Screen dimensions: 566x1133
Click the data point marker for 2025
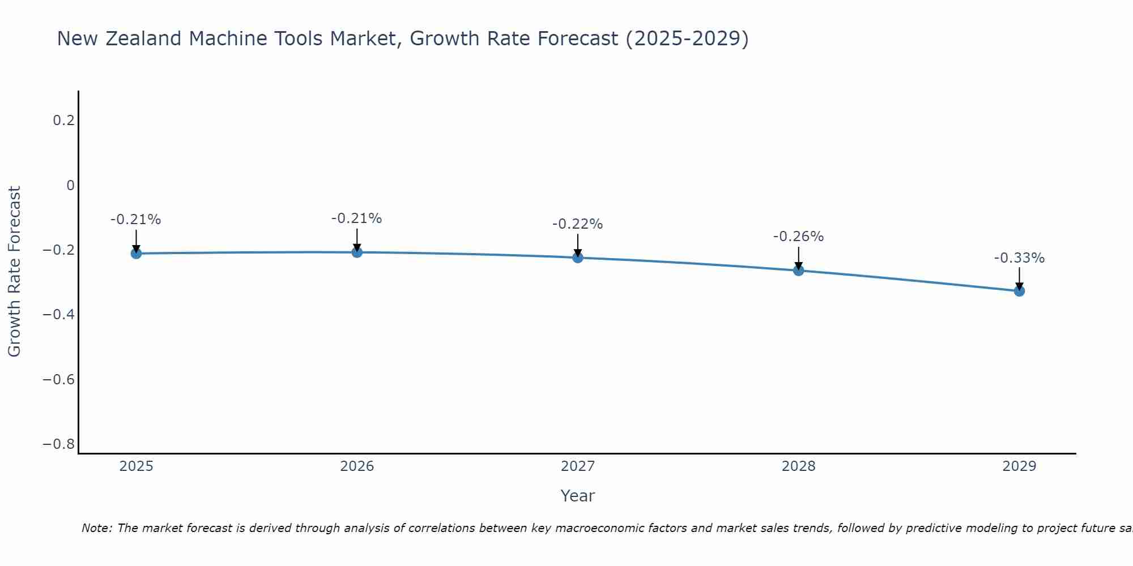coord(136,254)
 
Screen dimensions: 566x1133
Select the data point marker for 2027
coord(578,258)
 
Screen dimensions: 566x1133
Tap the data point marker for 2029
coord(1019,291)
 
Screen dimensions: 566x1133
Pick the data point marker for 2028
coord(798,271)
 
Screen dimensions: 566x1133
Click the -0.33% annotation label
coord(1019,258)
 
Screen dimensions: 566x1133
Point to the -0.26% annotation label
coord(798,237)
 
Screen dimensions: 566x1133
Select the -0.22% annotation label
coord(577,224)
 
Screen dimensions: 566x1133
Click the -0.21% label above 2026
coord(356,218)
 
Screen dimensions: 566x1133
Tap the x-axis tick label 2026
coord(357,466)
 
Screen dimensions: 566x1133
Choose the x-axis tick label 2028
coord(798,466)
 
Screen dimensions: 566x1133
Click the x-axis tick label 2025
coord(137,466)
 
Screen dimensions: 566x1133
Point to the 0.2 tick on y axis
coord(63,121)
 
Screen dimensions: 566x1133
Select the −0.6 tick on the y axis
coord(59,379)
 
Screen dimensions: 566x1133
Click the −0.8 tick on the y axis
coord(59,444)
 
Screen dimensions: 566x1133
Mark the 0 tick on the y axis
coord(70,186)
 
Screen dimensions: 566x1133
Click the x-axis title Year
coord(577,496)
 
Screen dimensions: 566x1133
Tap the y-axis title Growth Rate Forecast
coord(14,272)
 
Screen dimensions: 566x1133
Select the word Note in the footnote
coord(97,528)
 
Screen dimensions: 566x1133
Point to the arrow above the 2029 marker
coord(1019,277)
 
